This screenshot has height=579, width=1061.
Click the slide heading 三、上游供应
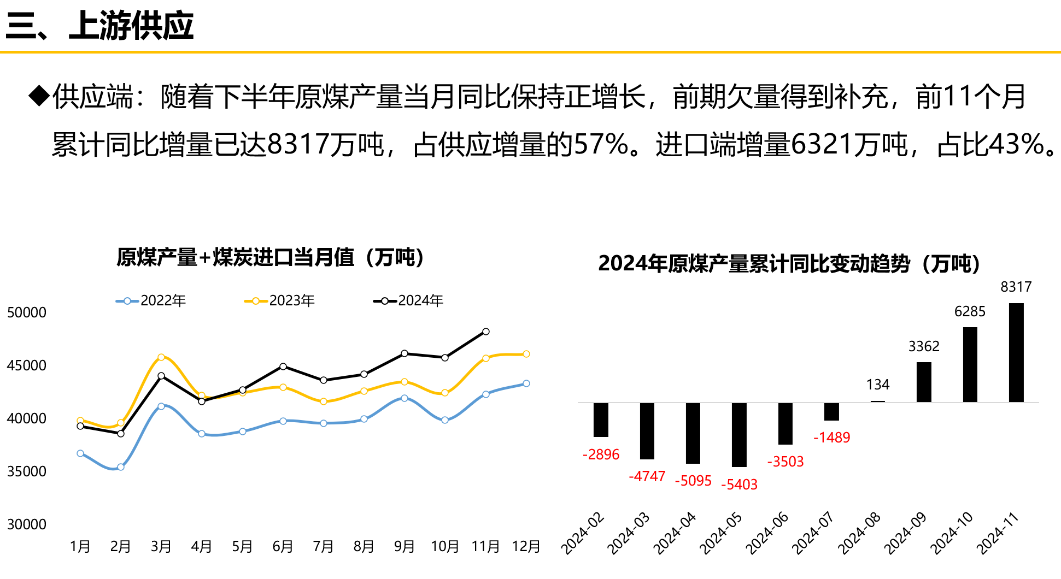[x=99, y=26]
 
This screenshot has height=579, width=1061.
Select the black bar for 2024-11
[x=1016, y=352]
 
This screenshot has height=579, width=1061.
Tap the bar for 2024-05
[x=739, y=434]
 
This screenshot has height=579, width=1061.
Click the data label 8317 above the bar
[x=1016, y=287]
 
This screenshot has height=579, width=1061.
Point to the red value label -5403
[x=739, y=485]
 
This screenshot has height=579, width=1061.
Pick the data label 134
[x=878, y=385]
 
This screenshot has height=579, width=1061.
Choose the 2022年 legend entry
[x=151, y=300]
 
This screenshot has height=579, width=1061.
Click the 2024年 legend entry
[x=408, y=300]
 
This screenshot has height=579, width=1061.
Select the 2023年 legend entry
[x=279, y=300]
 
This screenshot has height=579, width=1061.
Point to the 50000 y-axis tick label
[x=27, y=312]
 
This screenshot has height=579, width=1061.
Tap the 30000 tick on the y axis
[x=27, y=524]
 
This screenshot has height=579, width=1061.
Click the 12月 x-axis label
[x=526, y=546]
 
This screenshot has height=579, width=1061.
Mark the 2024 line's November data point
[x=485, y=332]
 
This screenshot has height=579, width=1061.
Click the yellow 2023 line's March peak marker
[x=161, y=357]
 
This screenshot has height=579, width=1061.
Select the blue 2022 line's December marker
[x=526, y=383]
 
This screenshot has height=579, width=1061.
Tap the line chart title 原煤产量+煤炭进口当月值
[x=271, y=257]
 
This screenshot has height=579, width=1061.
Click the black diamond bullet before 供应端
[x=39, y=96]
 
